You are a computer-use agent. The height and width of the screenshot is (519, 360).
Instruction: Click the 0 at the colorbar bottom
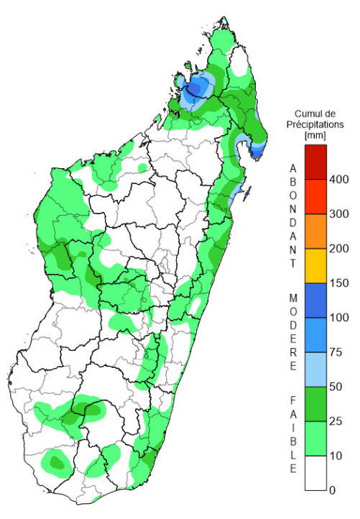pos(333,490)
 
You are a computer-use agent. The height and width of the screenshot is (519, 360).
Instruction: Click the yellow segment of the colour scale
pos(315,266)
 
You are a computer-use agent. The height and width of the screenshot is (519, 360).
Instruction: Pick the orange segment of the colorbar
pos(315,231)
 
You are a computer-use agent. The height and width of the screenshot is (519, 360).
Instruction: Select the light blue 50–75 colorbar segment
pos(315,369)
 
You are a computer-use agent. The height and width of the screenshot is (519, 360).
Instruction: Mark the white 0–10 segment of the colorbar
pos(315,473)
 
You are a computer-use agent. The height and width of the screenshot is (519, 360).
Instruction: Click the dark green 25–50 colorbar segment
pos(315,404)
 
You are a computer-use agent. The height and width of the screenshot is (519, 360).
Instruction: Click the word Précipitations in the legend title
pos(316,124)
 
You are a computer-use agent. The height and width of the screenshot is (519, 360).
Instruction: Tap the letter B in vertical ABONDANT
pos(292,181)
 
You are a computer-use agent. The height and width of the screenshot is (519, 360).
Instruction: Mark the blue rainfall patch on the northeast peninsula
pos(257,149)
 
